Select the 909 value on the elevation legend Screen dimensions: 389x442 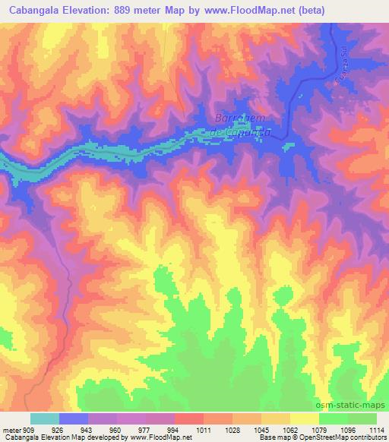point(29,429)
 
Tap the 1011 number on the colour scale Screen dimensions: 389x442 point(204,429)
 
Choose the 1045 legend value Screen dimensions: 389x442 point(262,429)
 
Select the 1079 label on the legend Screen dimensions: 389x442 point(320,429)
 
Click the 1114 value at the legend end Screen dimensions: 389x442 point(375,429)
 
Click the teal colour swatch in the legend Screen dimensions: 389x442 point(45,418)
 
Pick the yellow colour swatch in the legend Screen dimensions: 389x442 point(305,418)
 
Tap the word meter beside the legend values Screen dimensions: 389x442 point(11,429)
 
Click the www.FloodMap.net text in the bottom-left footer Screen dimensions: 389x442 point(160,438)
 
